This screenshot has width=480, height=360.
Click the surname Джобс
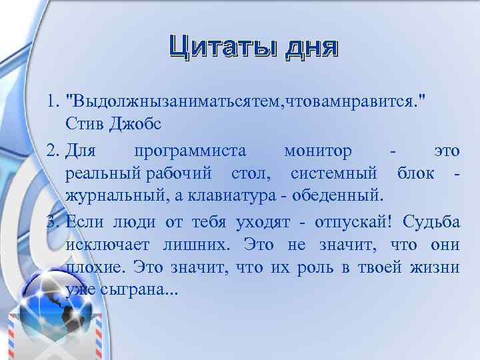point(133,124)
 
